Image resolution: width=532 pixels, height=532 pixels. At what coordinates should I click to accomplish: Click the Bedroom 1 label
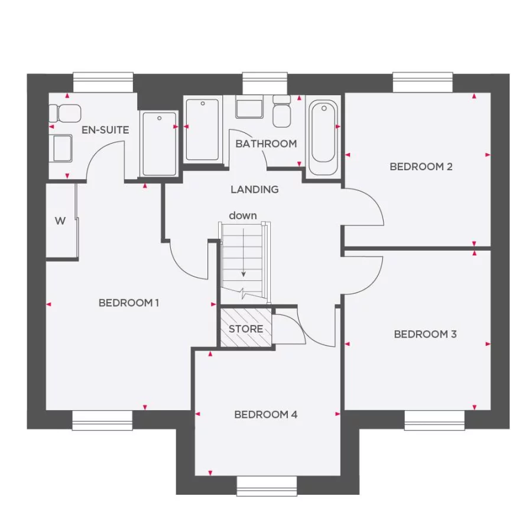(128, 303)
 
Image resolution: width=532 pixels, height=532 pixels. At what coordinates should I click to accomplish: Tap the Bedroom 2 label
(421, 167)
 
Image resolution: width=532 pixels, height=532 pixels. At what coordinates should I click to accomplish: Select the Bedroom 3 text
(425, 335)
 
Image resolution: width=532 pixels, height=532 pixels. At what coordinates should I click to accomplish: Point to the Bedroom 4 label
(265, 415)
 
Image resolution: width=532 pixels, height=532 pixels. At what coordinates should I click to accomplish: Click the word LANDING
(254, 190)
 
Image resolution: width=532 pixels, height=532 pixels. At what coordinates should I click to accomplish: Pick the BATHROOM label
(266, 144)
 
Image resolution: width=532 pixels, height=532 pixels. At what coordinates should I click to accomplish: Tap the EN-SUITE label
(105, 130)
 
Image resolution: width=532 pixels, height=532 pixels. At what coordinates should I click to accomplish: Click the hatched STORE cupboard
(245, 328)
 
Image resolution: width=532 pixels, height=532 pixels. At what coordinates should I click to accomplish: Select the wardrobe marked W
(61, 221)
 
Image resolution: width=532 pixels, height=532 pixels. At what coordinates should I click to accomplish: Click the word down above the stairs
(243, 216)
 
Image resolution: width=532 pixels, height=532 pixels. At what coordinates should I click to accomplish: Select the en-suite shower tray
(159, 144)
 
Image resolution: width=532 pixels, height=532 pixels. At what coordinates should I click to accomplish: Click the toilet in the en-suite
(63, 113)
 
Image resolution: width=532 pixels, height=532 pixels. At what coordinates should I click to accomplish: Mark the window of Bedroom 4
(267, 486)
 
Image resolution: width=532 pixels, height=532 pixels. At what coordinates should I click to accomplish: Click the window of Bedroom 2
(423, 82)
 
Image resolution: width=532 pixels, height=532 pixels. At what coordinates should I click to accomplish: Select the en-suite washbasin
(62, 148)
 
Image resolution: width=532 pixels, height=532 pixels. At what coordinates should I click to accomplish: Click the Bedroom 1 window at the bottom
(102, 420)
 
